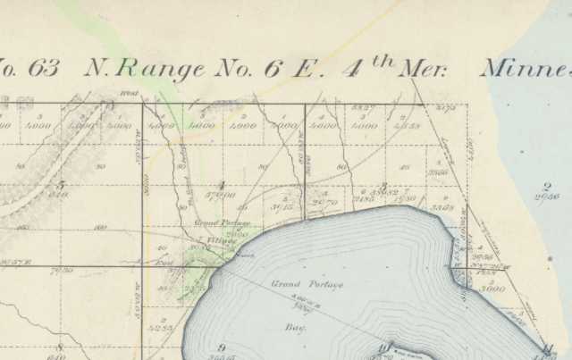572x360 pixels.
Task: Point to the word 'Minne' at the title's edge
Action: click(x=526, y=69)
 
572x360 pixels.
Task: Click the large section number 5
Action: click(x=60, y=184)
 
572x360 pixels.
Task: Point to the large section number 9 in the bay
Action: click(x=220, y=347)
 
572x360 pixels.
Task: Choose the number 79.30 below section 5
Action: click(x=63, y=269)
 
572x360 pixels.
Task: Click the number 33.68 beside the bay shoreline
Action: click(x=444, y=207)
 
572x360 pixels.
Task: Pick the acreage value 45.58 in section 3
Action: click(x=408, y=127)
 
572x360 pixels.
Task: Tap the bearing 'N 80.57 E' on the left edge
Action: click(x=15, y=262)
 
